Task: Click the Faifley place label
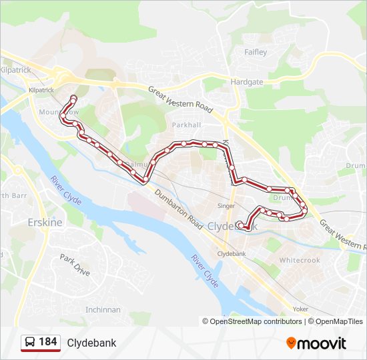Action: pos(256,52)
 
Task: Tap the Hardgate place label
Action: pos(247,82)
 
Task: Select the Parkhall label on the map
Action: pos(186,125)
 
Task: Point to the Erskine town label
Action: pos(45,222)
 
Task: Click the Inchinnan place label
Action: pos(103,309)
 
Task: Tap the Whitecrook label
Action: pos(300,260)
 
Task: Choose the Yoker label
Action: pos(301,309)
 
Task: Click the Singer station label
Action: pos(226,206)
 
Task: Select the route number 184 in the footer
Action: pos(47,342)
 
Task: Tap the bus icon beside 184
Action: pos(30,343)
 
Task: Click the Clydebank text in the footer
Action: pos(91,343)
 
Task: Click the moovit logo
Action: pos(316,343)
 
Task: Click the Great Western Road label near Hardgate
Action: pos(179,99)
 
